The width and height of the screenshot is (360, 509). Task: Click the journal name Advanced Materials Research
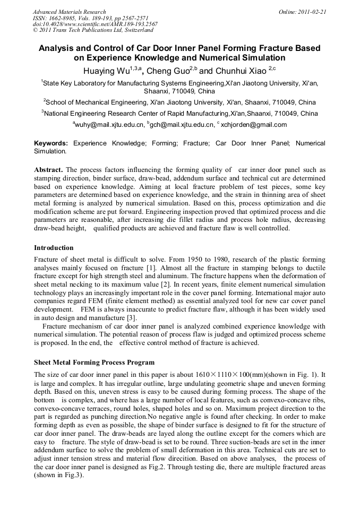69,12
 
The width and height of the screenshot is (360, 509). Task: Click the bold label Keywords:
51,143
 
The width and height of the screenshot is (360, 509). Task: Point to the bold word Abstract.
48,170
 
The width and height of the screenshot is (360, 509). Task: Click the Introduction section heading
54,247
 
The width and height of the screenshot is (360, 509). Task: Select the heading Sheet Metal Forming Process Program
94,362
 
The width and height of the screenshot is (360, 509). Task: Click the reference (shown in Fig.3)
58,475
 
